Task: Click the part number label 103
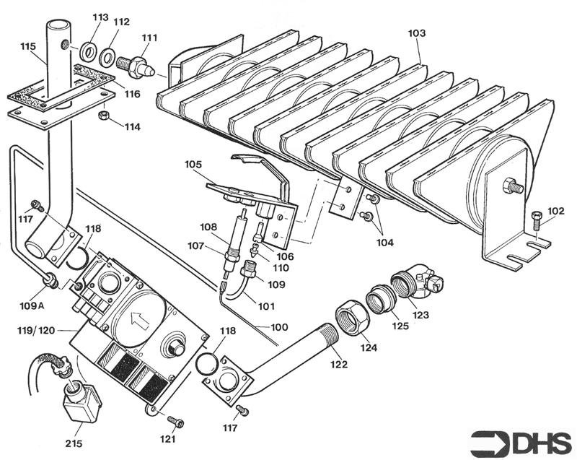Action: [x=417, y=33]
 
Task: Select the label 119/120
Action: [x=37, y=331]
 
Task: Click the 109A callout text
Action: [x=32, y=305]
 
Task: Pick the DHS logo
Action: [x=520, y=440]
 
